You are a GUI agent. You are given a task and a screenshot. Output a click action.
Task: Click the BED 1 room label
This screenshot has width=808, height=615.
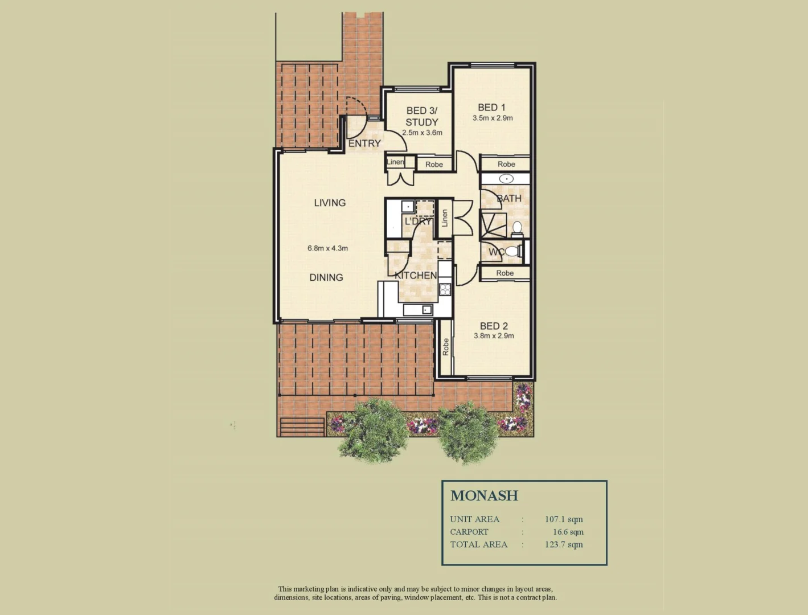coord(491,107)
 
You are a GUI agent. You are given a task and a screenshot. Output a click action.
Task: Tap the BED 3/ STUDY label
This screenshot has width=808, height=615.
coord(422,116)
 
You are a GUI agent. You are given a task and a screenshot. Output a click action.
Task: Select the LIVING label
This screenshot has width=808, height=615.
coord(330,203)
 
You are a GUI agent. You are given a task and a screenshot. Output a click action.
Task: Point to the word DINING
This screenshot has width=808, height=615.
coord(326,277)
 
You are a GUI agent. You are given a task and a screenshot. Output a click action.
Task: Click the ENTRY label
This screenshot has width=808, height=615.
coord(364,143)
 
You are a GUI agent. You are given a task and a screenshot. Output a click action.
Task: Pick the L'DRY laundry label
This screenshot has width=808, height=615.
coord(418,222)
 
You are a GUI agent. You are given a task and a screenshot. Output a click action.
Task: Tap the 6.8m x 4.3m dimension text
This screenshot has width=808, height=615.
coord(327,248)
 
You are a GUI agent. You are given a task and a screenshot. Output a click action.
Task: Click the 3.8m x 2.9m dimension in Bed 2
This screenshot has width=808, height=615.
coord(494,336)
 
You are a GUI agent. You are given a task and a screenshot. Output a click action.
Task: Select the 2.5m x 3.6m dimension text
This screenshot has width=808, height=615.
coord(422,133)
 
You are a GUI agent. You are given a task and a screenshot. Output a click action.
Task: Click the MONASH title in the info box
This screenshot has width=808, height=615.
coord(484,495)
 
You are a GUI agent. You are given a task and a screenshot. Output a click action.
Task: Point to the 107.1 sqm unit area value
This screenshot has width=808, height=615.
coord(564,519)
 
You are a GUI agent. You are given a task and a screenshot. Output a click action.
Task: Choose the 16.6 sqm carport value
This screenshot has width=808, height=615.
coord(568,532)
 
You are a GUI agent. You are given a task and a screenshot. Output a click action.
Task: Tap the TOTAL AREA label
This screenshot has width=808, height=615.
coord(478,544)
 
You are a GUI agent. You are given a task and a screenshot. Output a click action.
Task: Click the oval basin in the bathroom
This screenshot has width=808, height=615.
coord(506,179)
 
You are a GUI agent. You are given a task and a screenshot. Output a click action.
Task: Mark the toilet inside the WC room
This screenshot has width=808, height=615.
coord(511,251)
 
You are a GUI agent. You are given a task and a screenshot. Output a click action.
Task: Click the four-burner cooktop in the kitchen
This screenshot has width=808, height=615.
coord(445,289)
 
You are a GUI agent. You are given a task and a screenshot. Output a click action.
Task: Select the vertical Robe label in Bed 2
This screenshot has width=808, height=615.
coord(446,347)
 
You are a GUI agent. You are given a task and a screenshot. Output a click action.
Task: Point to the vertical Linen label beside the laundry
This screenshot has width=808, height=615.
coord(445,218)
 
